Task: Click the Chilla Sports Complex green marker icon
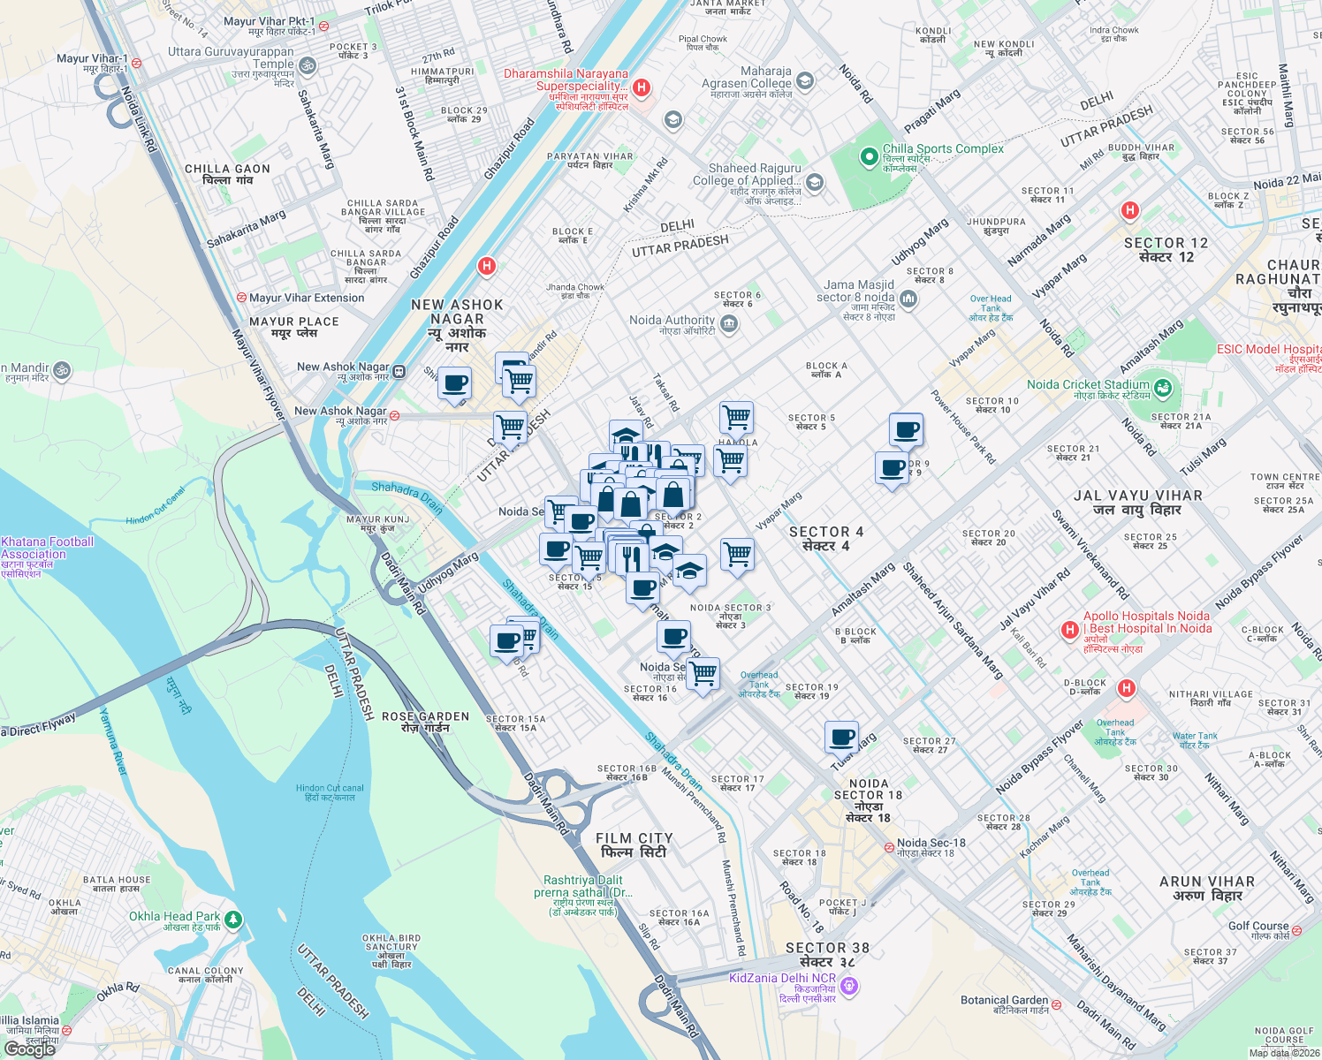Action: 870,157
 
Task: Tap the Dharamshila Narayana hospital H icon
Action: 642,87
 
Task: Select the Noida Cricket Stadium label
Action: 1088,384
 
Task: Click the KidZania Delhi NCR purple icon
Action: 849,985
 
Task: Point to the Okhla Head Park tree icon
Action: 233,920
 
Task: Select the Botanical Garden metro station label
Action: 1004,1001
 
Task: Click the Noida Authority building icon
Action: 729,324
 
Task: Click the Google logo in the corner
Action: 30,1049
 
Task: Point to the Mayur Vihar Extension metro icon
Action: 241,298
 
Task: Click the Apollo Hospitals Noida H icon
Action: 1070,629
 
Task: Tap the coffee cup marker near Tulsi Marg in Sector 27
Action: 841,737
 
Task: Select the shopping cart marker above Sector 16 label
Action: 703,673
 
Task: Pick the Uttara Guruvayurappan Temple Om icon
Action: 308,65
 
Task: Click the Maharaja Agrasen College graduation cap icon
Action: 804,82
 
